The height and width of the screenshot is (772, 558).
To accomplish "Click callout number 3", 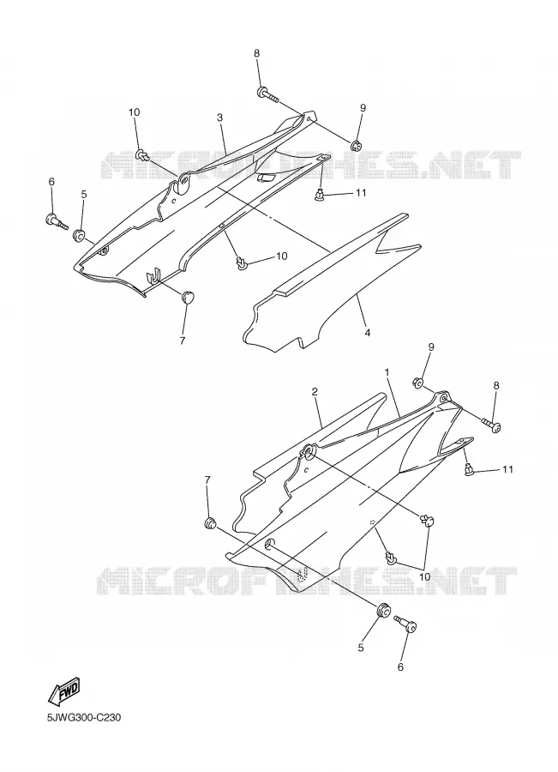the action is [x=220, y=118].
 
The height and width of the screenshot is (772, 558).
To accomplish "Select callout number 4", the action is [x=368, y=333].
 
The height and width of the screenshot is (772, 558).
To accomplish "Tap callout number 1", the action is [x=387, y=373].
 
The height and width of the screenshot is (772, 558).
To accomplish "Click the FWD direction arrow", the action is [x=64, y=690].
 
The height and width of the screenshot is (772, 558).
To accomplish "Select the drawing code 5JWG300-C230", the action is [x=84, y=718].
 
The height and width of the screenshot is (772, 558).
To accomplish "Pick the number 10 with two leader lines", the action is [x=424, y=576].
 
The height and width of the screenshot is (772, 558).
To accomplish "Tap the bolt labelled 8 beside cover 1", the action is [x=490, y=425].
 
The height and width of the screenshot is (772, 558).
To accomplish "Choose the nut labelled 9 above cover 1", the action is [x=418, y=381].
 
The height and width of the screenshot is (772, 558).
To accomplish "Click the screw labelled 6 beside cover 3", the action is [x=57, y=221].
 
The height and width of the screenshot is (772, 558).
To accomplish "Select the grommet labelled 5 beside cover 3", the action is [x=79, y=235].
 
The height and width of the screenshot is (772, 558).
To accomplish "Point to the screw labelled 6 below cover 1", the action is [x=406, y=624].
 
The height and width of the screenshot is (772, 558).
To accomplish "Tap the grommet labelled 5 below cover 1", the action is [x=382, y=611].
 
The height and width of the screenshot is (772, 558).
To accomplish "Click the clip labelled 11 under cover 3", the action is [x=321, y=195].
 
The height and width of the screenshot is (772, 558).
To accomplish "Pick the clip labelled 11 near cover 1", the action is [x=469, y=470].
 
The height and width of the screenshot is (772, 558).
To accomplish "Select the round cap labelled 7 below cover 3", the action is [x=187, y=297].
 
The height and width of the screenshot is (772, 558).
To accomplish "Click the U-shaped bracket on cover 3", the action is [x=154, y=275].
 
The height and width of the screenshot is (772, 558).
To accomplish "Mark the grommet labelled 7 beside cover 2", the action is [x=210, y=522].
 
